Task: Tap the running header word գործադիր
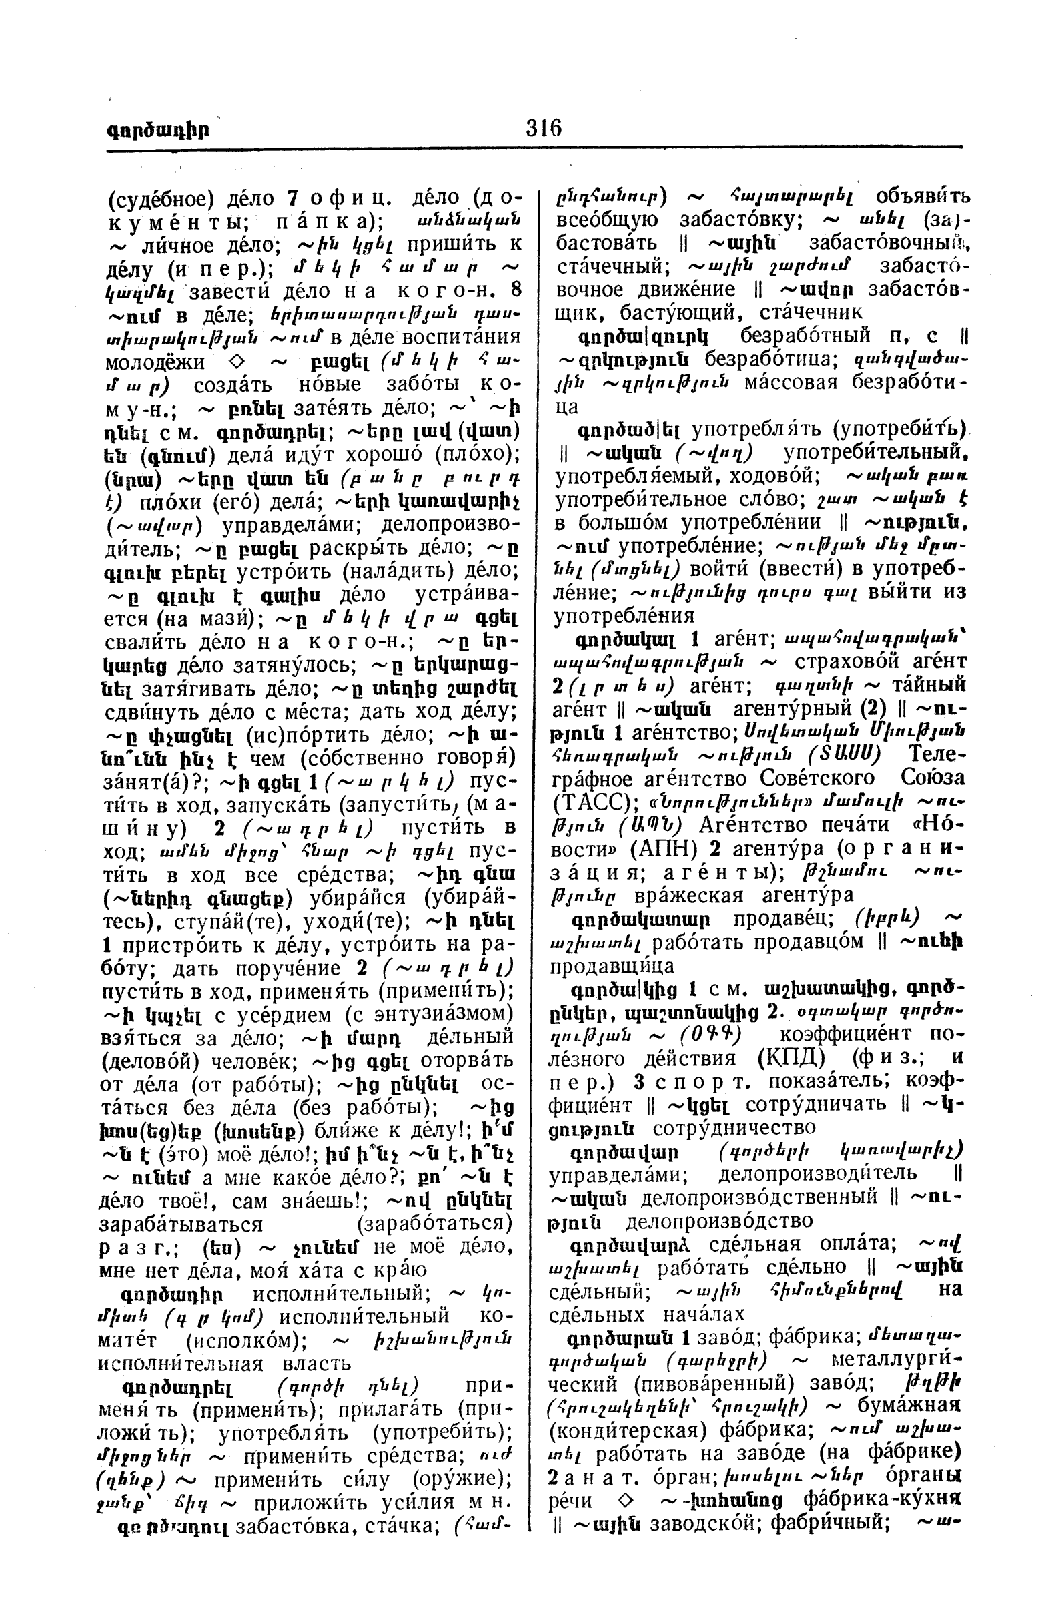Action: (157, 129)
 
